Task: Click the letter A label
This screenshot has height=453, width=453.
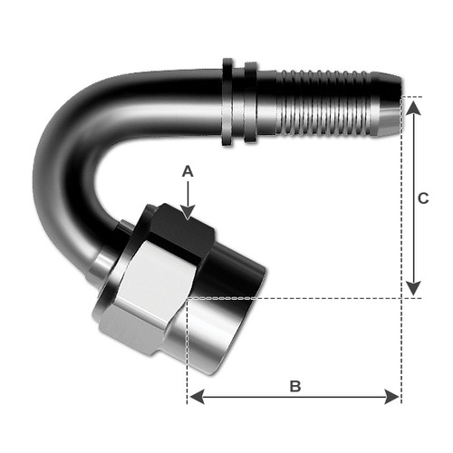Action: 188,169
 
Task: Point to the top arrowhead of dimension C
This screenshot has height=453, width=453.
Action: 414,107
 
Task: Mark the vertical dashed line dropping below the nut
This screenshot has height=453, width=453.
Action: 187,353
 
